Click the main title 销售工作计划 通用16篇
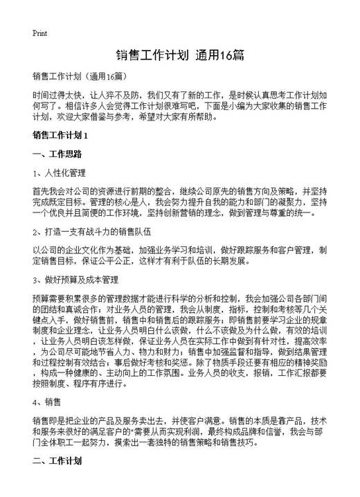click(179, 55)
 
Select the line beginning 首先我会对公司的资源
click(184, 190)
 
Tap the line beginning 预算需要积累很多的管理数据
click(184, 298)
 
